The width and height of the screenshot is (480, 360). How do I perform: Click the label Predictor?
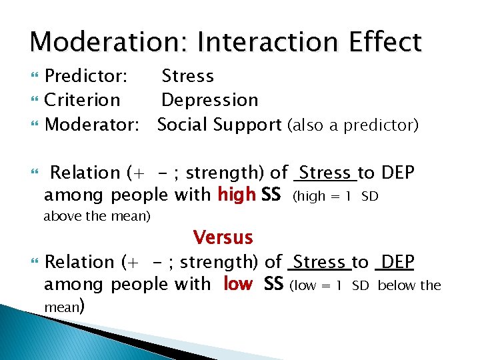86,76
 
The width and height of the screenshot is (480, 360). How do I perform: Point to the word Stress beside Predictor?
187,76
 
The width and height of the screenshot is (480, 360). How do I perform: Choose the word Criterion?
82,100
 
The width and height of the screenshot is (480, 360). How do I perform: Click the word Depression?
209,100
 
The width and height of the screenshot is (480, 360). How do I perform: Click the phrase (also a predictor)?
353,125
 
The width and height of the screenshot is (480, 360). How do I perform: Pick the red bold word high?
237,195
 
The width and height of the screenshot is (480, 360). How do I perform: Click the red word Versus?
223,237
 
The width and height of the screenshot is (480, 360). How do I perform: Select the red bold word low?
238,285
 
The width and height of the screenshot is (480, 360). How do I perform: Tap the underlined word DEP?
395,262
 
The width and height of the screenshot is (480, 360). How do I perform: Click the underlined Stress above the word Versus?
326,173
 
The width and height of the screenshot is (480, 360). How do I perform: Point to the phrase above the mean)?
97,216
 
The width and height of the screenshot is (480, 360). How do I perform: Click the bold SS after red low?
273,285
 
